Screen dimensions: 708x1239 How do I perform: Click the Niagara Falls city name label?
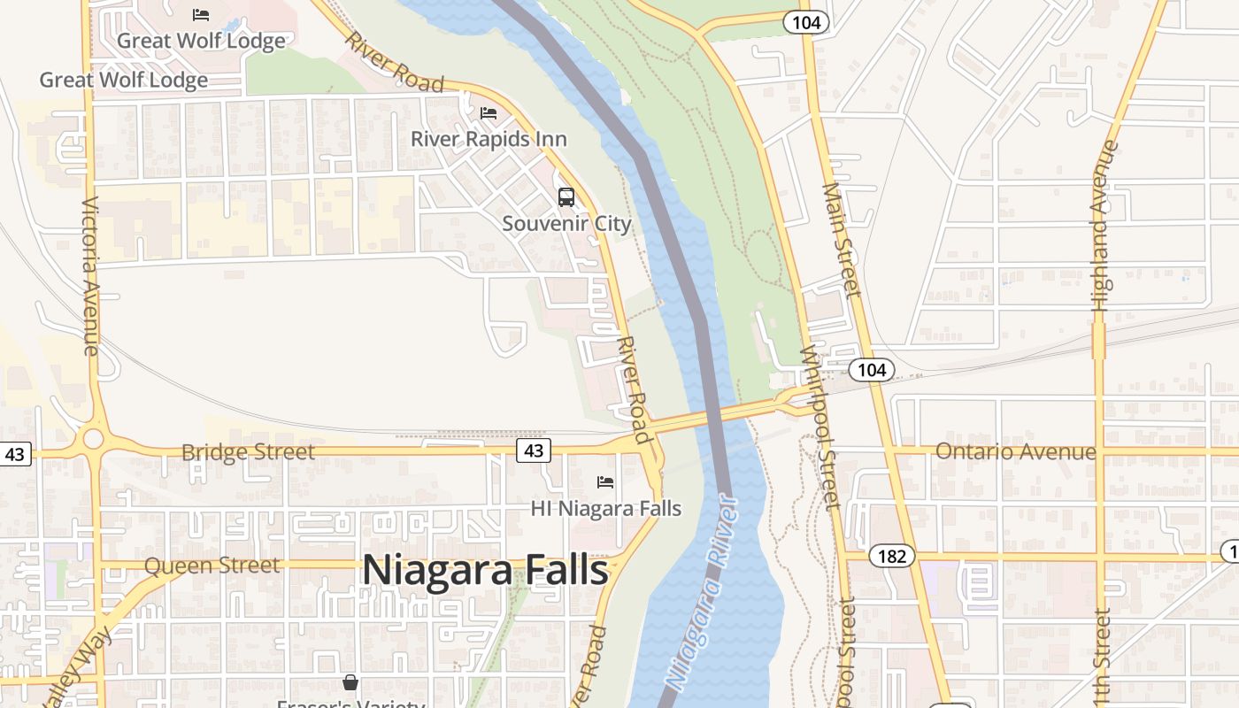pos(485,570)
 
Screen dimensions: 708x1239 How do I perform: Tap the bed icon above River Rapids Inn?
pos(488,113)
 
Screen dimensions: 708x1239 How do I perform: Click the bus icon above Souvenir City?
pos(566,197)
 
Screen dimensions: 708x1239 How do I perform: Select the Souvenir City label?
pos(566,223)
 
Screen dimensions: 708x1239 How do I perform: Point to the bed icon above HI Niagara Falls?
pos(605,482)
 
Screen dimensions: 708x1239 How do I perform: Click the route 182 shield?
pos(891,556)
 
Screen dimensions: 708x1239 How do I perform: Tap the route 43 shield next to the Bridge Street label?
pos(534,450)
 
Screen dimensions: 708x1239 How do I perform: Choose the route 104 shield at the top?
pos(806,22)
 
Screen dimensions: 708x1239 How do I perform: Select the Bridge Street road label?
pos(248,452)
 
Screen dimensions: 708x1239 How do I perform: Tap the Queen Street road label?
pos(212,565)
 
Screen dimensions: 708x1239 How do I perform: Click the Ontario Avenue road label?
pos(1015,451)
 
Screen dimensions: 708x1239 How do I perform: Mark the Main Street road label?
pos(842,240)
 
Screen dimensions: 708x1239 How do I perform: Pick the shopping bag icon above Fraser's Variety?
pos(350,682)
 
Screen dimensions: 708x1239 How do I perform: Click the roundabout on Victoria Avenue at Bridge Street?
pos(93,438)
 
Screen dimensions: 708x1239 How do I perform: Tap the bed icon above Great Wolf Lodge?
pos(201,14)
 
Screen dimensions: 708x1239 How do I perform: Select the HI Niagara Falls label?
pos(605,508)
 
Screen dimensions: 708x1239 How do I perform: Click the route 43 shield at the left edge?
pos(15,454)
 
